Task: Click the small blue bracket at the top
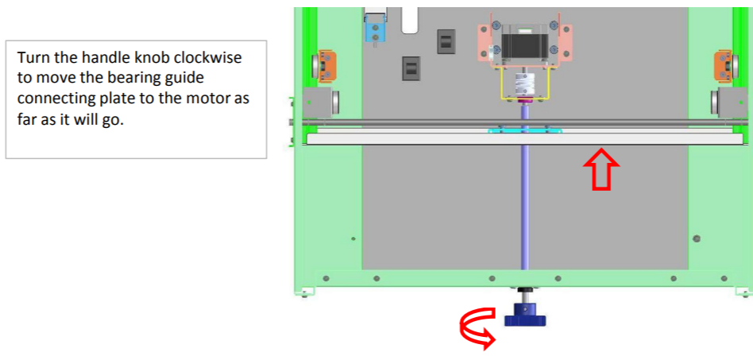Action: pos(373,30)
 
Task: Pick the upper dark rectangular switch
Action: pos(445,41)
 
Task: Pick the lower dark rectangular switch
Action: pos(411,68)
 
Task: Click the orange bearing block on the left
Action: pos(326,65)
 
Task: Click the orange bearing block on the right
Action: pos(724,65)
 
